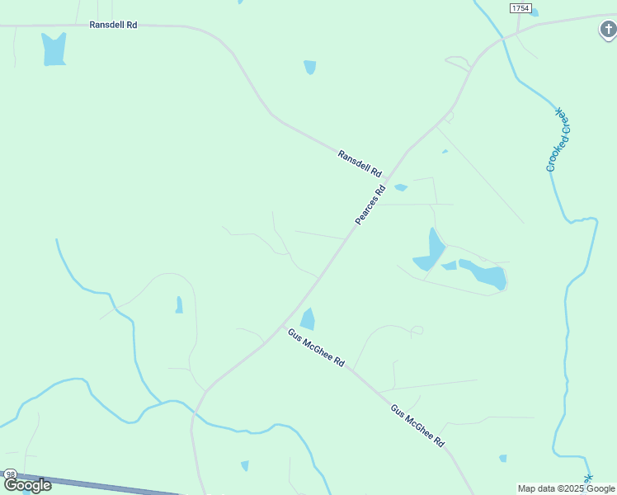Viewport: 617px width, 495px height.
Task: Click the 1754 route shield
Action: [x=520, y=8]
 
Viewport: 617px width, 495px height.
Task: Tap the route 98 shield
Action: [x=10, y=474]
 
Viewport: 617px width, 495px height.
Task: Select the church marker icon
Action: [x=607, y=31]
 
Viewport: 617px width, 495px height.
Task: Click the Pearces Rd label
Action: [x=370, y=205]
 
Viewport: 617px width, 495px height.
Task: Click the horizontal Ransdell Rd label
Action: [x=114, y=25]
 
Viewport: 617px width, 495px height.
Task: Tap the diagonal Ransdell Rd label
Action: [x=360, y=163]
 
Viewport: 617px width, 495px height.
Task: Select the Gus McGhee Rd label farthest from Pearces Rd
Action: [x=418, y=426]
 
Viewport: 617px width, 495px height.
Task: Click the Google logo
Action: [x=28, y=485]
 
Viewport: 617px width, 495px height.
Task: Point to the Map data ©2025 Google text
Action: [x=567, y=488]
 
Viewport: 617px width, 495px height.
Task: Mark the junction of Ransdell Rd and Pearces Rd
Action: [x=388, y=176]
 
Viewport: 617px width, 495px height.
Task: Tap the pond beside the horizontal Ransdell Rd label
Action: [x=54, y=49]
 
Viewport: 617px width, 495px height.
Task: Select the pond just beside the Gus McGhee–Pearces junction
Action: [x=308, y=319]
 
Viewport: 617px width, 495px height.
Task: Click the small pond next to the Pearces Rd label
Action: [x=401, y=187]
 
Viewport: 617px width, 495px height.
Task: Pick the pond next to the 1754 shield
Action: [x=535, y=12]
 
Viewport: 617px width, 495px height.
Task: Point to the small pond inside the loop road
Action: [x=178, y=304]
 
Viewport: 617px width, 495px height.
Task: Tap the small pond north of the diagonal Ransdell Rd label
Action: [x=310, y=67]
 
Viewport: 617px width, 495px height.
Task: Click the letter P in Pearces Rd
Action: [x=359, y=221]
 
